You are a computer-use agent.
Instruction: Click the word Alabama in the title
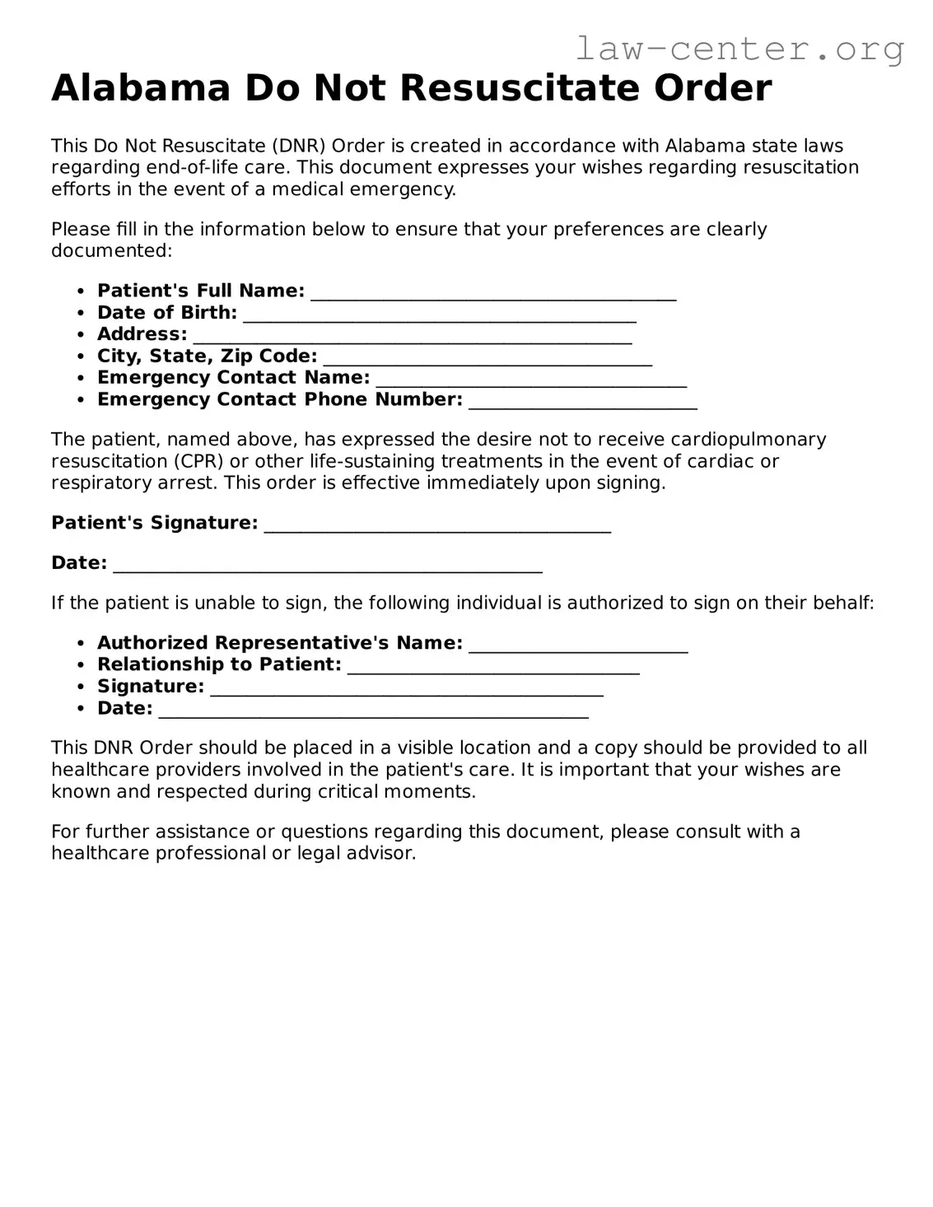[x=140, y=88]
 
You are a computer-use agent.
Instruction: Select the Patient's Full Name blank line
[x=493, y=294]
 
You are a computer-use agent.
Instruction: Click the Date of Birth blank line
[x=440, y=315]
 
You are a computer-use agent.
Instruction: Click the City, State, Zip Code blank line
[x=487, y=359]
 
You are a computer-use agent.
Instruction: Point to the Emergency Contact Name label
[x=233, y=378]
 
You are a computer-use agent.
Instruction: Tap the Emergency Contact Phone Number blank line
[x=582, y=403]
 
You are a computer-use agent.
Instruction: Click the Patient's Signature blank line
[x=437, y=526]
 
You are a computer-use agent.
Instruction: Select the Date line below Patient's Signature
[x=327, y=566]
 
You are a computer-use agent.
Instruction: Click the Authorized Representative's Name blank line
[x=578, y=646]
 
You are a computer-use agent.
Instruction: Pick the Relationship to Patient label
[x=219, y=664]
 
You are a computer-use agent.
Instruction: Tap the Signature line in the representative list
[x=407, y=690]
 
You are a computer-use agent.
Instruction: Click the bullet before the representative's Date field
[x=80, y=709]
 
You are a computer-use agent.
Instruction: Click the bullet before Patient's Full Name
[x=80, y=291]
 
